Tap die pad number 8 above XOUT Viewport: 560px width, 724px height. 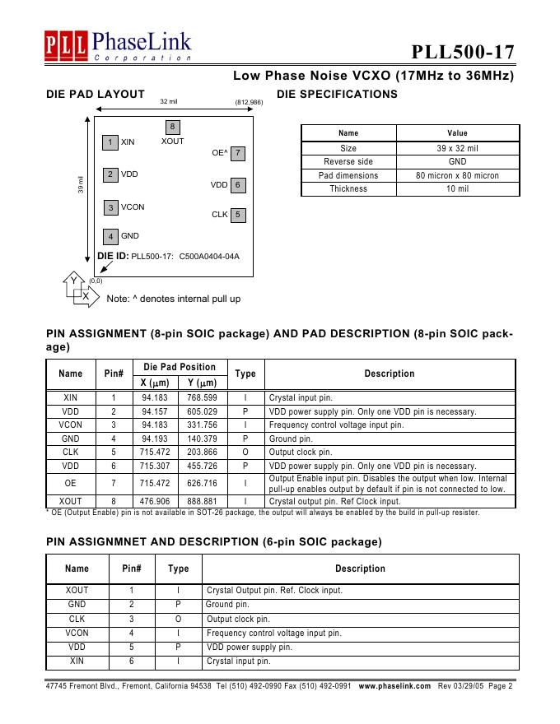[x=172, y=127]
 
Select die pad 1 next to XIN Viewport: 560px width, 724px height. [x=110, y=142]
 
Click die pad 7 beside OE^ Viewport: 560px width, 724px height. [x=237, y=153]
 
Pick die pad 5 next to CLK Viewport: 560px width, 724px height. [x=237, y=216]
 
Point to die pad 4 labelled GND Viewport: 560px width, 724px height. [x=110, y=237]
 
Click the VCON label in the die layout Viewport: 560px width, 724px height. [x=133, y=207]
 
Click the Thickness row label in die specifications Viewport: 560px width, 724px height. [x=348, y=189]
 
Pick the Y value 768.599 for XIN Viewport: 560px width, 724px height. [x=202, y=397]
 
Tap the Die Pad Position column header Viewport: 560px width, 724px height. [x=180, y=367]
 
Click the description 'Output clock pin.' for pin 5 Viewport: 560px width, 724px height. [x=301, y=452]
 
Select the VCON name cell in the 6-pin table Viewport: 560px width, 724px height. [x=77, y=633]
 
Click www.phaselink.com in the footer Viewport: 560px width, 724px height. [x=395, y=685]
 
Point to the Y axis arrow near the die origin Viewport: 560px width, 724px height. [x=72, y=281]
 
